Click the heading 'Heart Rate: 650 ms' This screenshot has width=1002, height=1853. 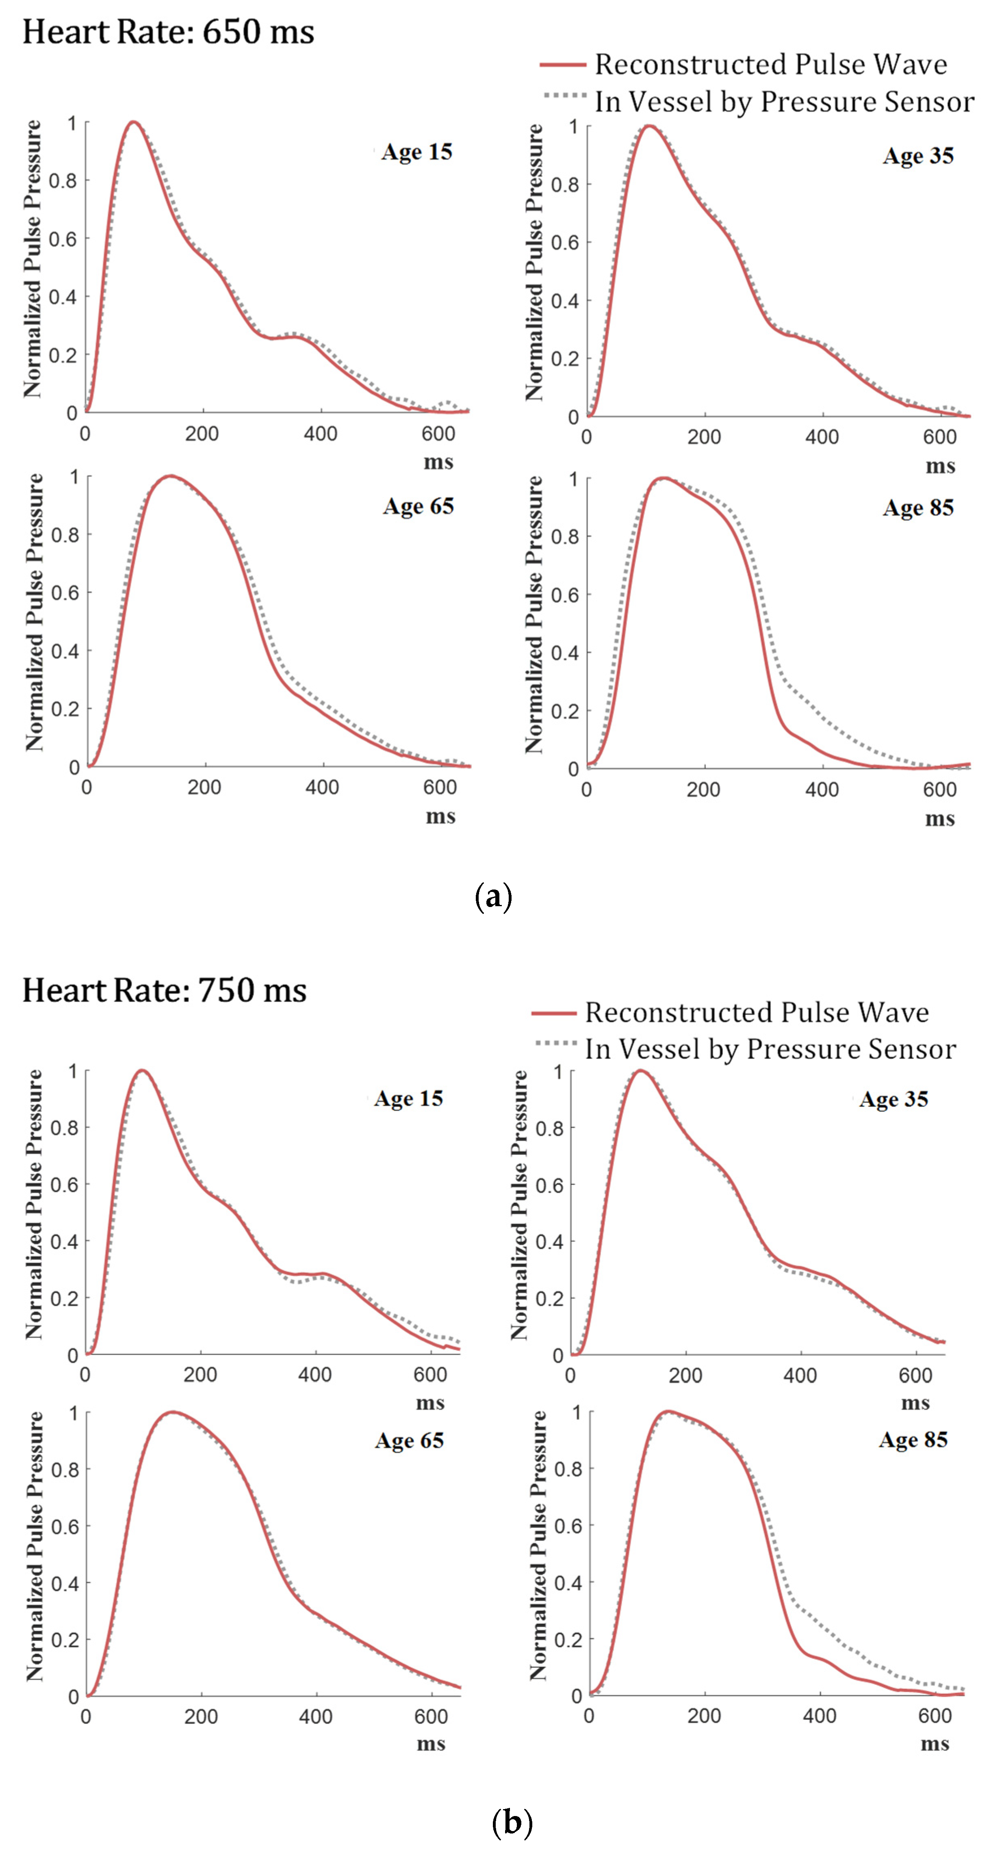[168, 33]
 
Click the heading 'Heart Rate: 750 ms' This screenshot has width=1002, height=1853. [165, 991]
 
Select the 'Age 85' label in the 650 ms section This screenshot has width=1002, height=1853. [919, 508]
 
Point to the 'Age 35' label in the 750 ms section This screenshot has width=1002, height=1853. [894, 1099]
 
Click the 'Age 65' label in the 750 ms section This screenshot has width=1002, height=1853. [409, 1440]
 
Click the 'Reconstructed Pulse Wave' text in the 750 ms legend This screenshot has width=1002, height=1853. [757, 1013]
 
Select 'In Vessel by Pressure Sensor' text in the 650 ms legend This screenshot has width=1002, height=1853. [784, 102]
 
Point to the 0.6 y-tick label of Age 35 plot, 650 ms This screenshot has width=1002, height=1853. [565, 243]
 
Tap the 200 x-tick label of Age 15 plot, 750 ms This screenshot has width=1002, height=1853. [200, 1375]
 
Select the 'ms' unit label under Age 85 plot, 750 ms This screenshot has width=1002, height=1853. [935, 1745]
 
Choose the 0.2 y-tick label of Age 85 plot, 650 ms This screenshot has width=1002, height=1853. [565, 711]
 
